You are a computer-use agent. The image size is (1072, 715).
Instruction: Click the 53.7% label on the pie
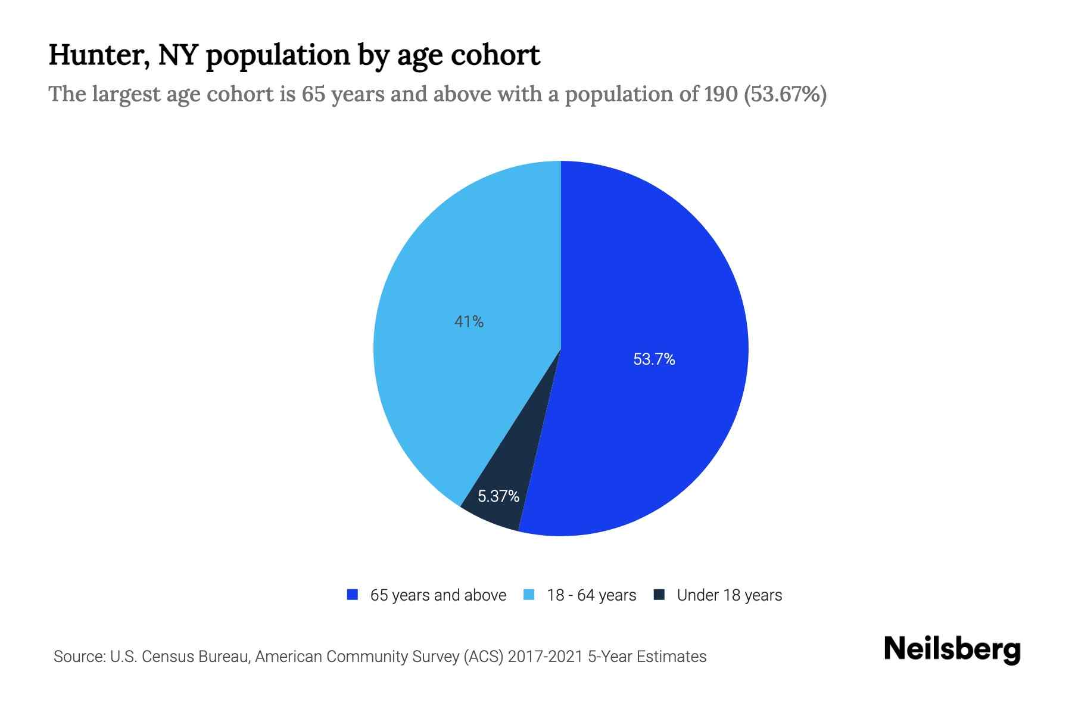654,359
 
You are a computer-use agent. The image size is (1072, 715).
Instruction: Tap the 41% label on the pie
469,322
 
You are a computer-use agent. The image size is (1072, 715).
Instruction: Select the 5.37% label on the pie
498,496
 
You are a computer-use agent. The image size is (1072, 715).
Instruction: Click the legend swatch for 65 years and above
353,595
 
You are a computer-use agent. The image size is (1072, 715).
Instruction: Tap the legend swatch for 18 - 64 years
529,595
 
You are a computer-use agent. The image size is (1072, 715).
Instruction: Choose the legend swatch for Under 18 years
659,595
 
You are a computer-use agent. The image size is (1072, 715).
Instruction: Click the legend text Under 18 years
729,595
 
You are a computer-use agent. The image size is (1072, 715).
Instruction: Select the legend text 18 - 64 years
591,595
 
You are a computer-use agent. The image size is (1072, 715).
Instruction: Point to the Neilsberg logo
952,649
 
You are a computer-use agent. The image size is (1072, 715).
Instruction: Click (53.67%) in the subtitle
785,94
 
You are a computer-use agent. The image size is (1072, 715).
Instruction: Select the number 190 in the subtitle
721,94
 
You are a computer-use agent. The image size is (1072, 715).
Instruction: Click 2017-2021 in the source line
545,657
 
